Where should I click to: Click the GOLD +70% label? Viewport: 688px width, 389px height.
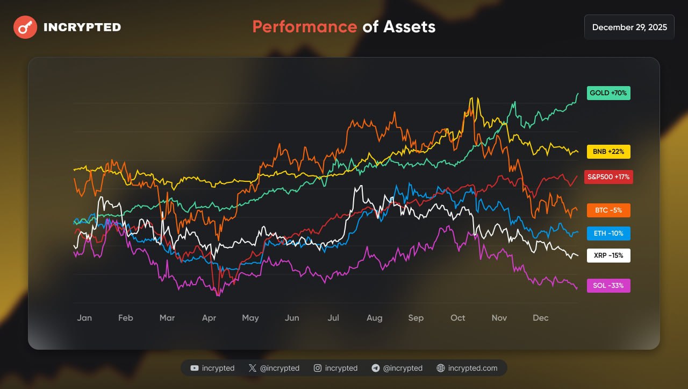(608, 93)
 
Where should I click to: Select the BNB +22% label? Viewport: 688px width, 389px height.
(608, 152)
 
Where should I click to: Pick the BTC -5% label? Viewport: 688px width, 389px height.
(608, 210)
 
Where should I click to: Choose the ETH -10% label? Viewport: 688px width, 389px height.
(608, 234)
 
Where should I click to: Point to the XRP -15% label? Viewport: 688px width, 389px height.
(608, 256)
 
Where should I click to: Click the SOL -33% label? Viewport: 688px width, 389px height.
(608, 286)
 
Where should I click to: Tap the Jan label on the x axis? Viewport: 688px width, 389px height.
(84, 318)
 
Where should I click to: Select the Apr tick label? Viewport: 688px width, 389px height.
(209, 318)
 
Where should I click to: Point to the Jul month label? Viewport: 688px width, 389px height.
(333, 318)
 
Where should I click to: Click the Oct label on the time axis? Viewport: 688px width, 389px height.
(458, 318)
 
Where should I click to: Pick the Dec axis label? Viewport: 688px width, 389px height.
(541, 318)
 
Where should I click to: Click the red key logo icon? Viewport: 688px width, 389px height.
(25, 27)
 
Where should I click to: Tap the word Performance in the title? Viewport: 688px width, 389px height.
(304, 27)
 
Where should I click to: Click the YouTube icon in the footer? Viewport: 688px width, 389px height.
(195, 368)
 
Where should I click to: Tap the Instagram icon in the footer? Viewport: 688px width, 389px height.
(318, 368)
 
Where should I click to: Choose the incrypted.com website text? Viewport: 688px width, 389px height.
(472, 368)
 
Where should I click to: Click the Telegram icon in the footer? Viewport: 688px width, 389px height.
(376, 368)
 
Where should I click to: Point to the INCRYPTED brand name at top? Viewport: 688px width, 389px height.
(82, 27)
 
